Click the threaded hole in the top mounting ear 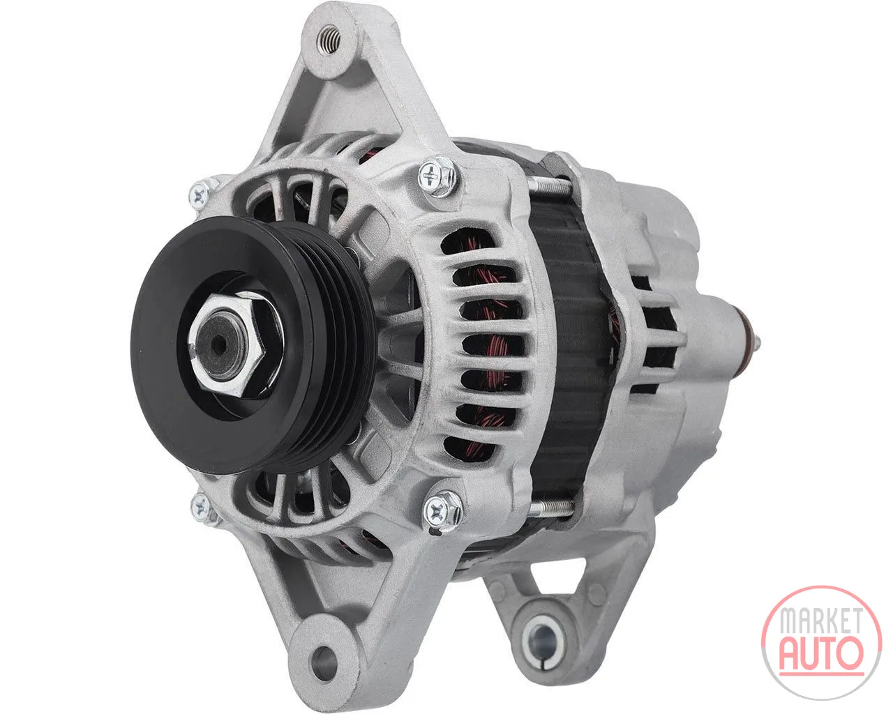pos(328,40)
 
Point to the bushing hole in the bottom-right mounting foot pos(543,641)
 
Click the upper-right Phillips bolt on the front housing pos(437,176)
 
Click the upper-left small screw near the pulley pos(200,195)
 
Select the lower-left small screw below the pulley pos(201,506)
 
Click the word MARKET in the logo pos(821,621)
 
